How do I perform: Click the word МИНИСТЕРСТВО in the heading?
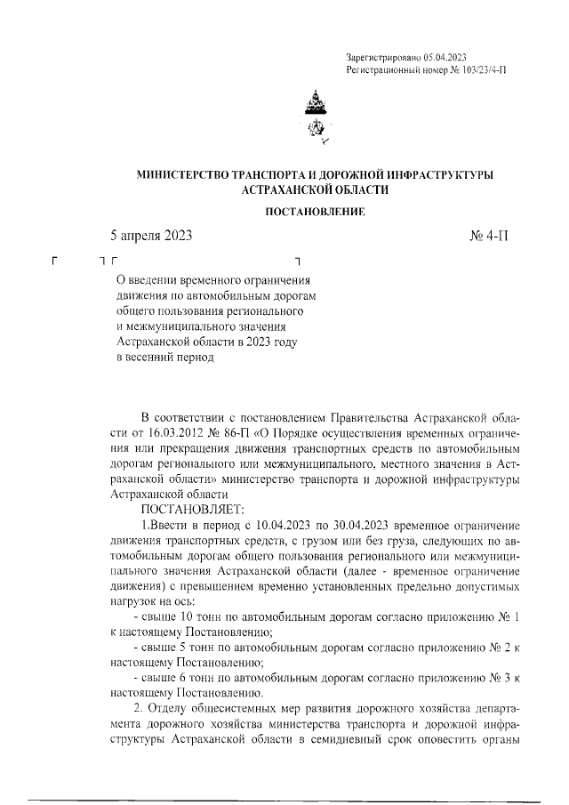(x=181, y=175)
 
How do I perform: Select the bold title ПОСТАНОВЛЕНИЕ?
(x=316, y=213)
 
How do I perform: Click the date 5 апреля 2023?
(x=150, y=236)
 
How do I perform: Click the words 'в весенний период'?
(x=166, y=358)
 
